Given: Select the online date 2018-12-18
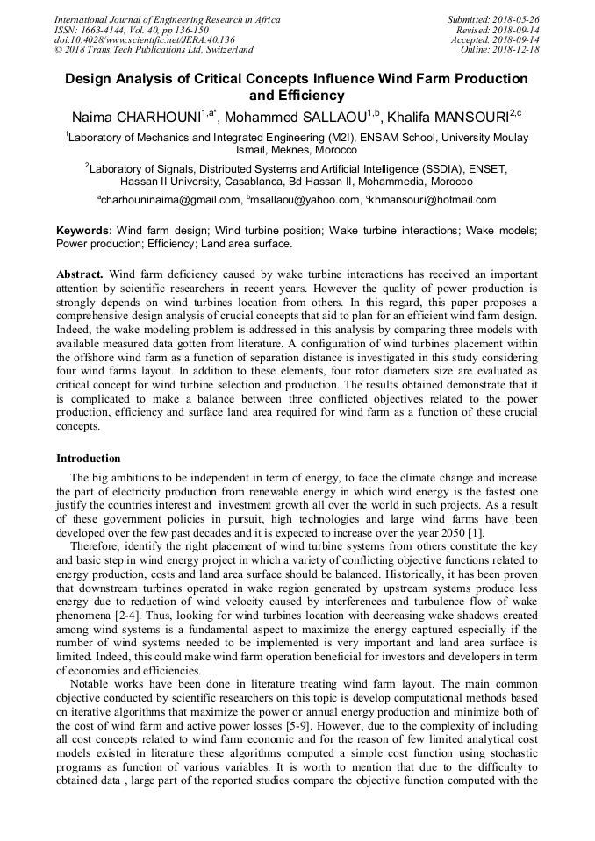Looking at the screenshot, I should click(x=519, y=50).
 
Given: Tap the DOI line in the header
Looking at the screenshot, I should click(x=145, y=39).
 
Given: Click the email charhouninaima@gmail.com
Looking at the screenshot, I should click(x=168, y=200).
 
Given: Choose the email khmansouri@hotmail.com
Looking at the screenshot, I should click(x=432, y=200).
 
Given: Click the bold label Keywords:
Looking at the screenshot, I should click(x=84, y=231).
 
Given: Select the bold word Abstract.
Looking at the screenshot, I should click(x=80, y=274).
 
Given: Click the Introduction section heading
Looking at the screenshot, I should click(x=89, y=458).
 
